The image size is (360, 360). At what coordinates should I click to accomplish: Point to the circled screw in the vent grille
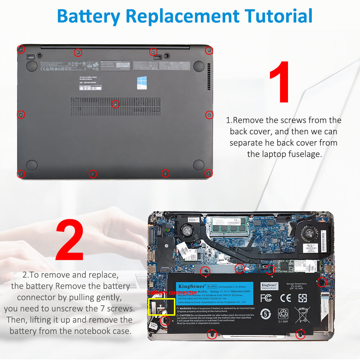(x=115, y=104)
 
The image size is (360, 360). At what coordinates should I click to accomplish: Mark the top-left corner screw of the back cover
(x=21, y=49)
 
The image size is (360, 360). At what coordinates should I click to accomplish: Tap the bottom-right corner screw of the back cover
(x=208, y=174)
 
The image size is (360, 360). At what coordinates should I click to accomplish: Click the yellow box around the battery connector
(x=161, y=307)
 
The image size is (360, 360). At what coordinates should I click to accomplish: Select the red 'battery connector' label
(x=172, y=293)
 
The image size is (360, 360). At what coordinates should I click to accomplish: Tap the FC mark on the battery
(x=266, y=298)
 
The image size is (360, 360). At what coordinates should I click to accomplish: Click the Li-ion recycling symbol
(x=283, y=315)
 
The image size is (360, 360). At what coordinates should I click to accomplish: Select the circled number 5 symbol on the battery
(x=266, y=314)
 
